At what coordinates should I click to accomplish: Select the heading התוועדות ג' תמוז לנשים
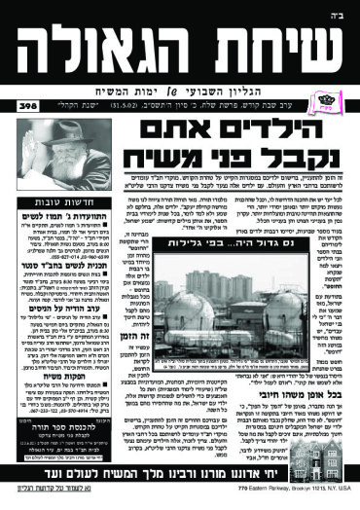[x=53, y=213]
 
